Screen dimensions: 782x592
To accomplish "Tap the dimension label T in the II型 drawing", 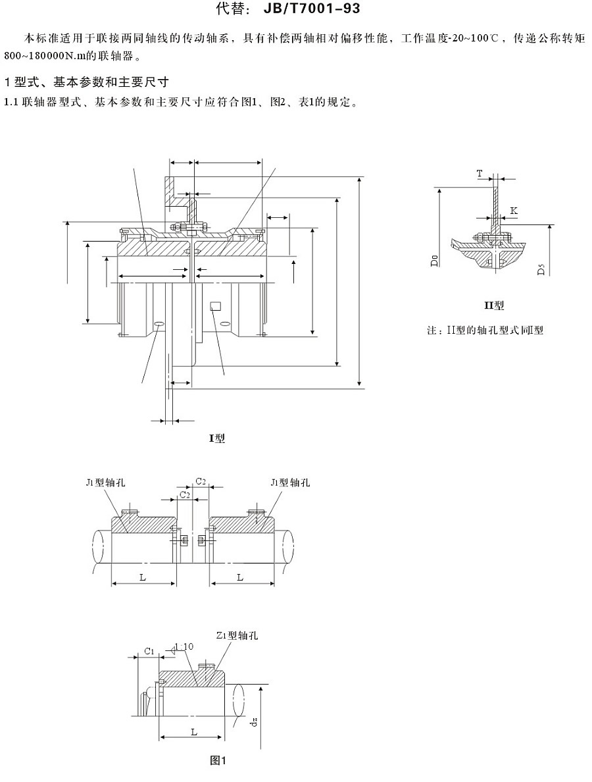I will (480, 173).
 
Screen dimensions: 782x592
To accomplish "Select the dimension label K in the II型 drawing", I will (513, 211).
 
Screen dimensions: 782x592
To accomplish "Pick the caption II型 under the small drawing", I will (493, 305).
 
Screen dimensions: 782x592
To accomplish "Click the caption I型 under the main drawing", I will (216, 438).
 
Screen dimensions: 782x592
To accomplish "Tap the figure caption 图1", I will (218, 760).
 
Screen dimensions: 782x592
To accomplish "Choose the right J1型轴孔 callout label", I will (290, 482).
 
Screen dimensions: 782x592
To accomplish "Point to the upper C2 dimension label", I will (201, 482).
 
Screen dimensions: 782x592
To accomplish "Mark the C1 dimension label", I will (149, 652).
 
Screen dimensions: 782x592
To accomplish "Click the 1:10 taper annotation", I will (184, 647).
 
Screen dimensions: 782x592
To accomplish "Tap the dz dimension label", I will (254, 727).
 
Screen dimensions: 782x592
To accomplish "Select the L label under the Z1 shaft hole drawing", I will (193, 731).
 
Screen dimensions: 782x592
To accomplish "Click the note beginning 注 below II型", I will (485, 330).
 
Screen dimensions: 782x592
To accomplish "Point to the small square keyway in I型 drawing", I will (215, 305).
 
